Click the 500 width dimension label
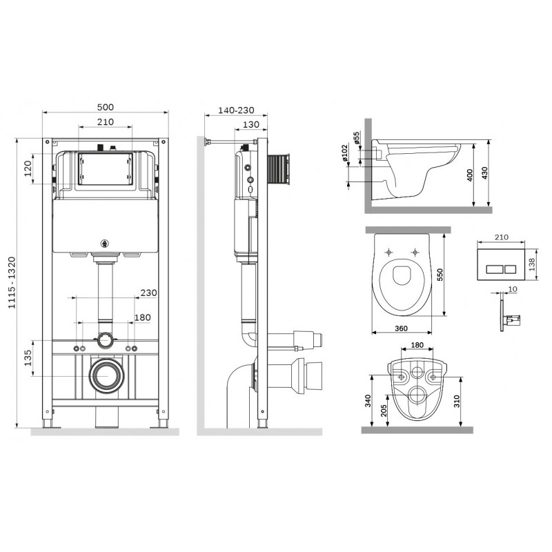click(106, 107)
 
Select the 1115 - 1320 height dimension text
click(12, 283)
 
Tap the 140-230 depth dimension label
click(236, 110)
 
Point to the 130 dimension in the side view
click(251, 124)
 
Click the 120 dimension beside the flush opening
click(28, 168)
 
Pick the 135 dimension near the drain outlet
click(28, 358)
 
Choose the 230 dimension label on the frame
click(148, 293)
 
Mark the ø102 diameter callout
click(344, 152)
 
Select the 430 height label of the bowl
click(484, 173)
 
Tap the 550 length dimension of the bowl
click(440, 275)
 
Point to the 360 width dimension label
click(401, 328)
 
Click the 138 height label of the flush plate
click(531, 264)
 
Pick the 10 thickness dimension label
click(513, 289)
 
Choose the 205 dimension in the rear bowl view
click(384, 410)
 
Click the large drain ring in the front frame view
click(106, 375)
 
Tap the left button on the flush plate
click(495, 270)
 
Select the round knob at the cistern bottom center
click(104, 244)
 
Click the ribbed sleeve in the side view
click(279, 169)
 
